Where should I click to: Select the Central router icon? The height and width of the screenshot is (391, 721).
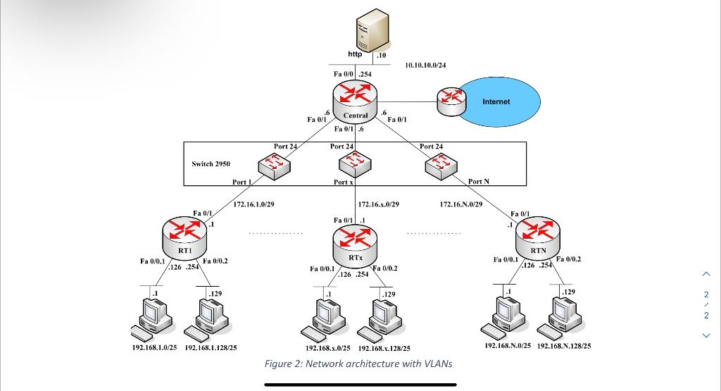[355, 99]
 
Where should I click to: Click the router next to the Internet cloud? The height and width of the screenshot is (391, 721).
[451, 101]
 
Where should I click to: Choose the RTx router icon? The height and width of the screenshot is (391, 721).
[355, 242]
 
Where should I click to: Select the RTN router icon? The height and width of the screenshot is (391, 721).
[539, 234]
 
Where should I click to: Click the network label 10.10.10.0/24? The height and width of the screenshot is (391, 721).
[425, 66]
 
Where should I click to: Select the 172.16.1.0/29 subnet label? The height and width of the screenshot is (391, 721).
[253, 204]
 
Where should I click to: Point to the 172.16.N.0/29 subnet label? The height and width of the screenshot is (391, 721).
[461, 204]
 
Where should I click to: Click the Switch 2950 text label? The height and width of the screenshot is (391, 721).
[211, 164]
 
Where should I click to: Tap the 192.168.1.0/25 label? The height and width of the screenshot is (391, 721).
[154, 347]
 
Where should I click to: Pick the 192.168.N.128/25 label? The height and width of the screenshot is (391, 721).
[564, 346]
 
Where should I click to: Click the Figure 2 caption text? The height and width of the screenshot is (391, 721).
[358, 364]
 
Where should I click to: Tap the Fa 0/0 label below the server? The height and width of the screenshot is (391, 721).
[343, 73]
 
